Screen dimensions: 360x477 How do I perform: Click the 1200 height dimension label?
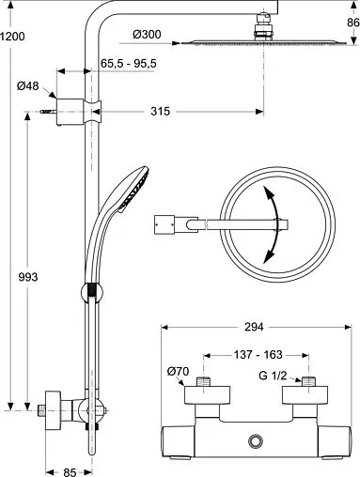12,37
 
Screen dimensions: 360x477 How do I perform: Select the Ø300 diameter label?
147,34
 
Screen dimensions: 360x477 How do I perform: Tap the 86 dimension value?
353,23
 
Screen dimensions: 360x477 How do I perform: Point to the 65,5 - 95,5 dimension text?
129,64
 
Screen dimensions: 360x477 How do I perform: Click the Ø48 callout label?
27,85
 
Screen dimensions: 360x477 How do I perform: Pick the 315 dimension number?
160,111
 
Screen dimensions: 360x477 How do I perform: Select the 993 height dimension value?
28,277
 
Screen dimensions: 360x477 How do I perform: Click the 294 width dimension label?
254,327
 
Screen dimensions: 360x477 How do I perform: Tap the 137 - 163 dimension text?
258,355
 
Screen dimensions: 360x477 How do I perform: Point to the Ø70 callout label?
178,372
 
